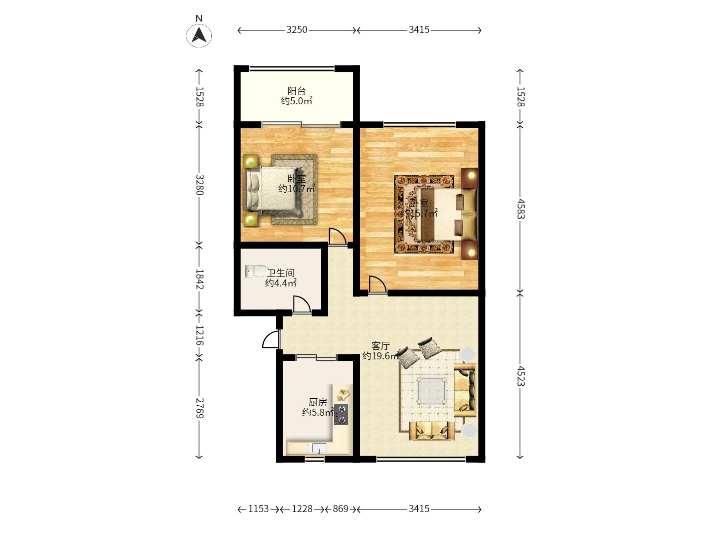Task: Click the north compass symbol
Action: (199, 34)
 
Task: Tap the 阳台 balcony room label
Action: (296, 91)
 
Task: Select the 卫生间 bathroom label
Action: (281, 273)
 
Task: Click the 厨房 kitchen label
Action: (318, 402)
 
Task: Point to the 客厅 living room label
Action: (380, 346)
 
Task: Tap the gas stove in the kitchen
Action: (341, 415)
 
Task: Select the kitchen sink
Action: (317, 448)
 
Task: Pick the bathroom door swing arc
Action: (301, 304)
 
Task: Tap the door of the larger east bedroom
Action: (377, 285)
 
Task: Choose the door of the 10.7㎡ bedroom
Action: (338, 237)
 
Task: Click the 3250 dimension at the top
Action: (297, 30)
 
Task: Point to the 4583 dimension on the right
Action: (520, 209)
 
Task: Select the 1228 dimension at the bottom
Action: (302, 509)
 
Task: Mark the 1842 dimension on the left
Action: (199, 279)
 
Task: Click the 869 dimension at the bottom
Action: (341, 509)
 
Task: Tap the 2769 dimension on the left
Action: (199, 408)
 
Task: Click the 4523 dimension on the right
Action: (520, 376)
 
